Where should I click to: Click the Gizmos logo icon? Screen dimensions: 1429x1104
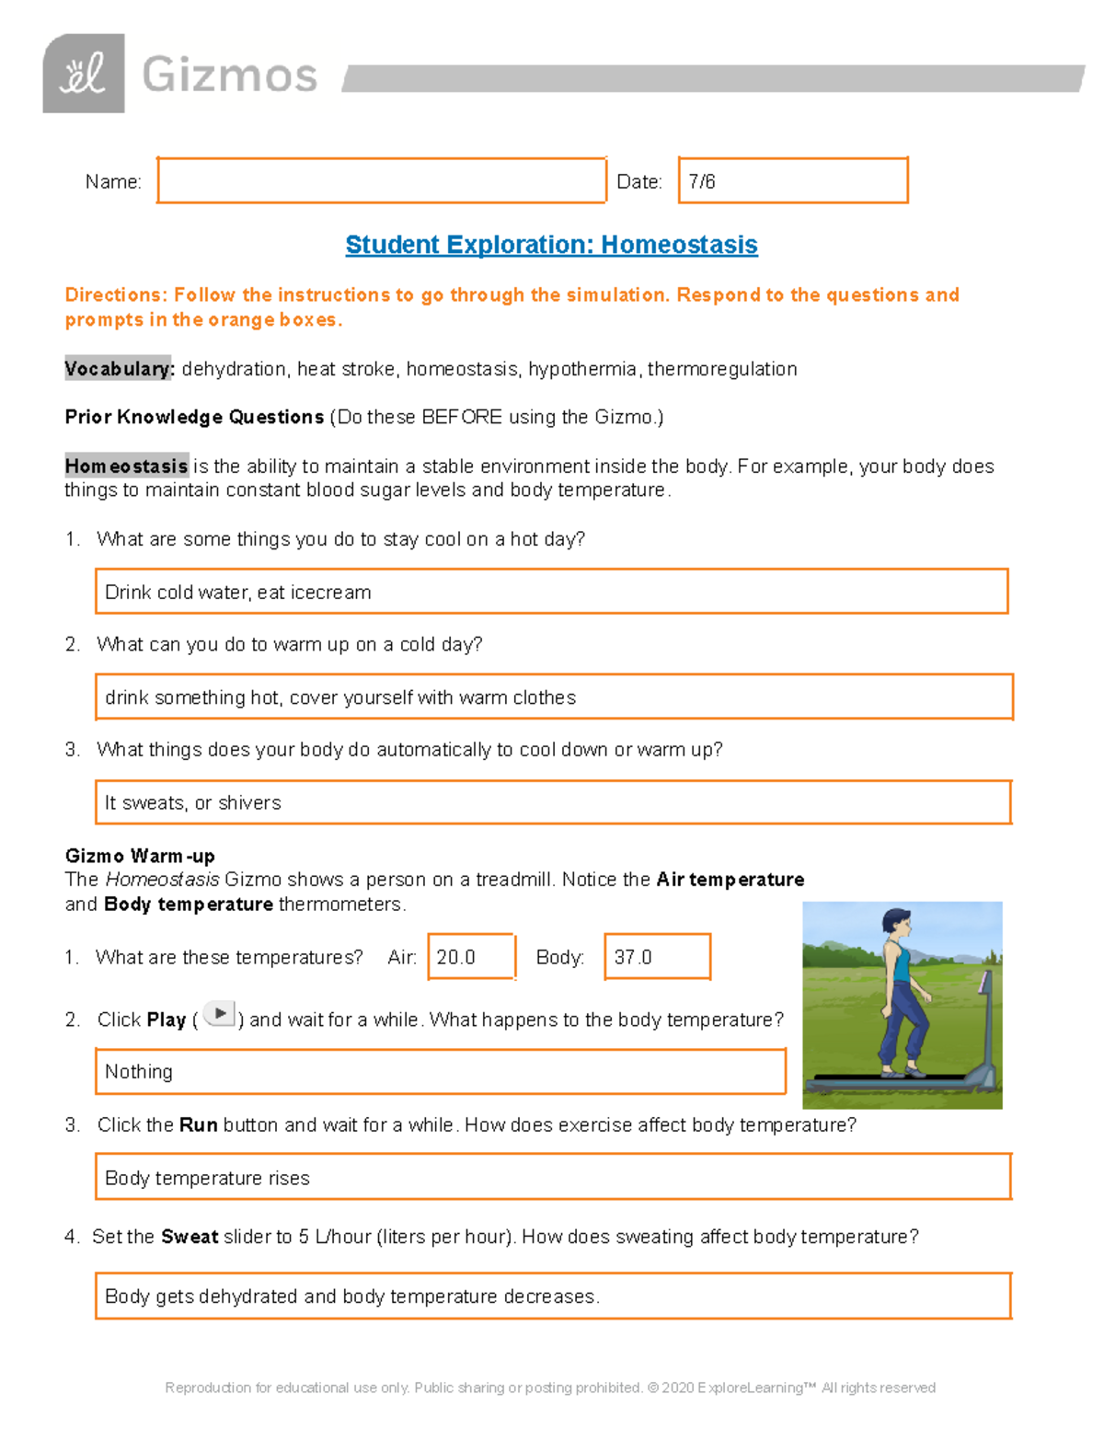pos(84,74)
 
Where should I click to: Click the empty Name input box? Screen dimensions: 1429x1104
pos(381,180)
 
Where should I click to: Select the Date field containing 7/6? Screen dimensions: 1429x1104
pos(792,180)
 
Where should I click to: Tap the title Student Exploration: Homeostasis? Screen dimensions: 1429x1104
pos(551,245)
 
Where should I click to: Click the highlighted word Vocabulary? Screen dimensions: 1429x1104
pos(118,369)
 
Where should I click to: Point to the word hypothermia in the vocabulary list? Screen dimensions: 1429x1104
pos(581,369)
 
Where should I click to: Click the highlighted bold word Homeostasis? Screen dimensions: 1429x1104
pos(126,466)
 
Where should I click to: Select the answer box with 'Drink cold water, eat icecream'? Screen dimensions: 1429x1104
pos(551,592)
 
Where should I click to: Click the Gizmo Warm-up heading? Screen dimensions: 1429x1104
pos(140,856)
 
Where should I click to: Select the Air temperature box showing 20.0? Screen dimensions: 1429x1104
pos(471,957)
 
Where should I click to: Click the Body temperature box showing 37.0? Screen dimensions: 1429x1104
pos(657,957)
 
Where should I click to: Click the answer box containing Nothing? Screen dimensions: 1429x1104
pos(440,1071)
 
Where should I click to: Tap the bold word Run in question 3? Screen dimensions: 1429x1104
pos(198,1124)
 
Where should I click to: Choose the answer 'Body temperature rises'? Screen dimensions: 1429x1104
pos(552,1178)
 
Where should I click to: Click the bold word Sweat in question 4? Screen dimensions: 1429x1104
pos(190,1237)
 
